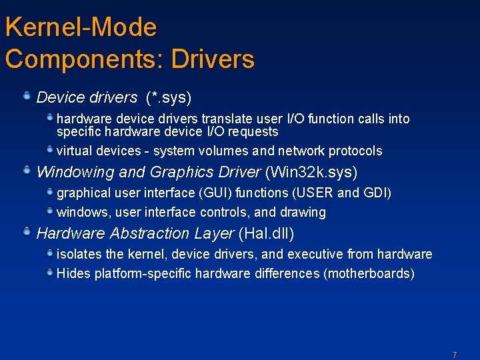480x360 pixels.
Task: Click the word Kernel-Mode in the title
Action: coord(81,28)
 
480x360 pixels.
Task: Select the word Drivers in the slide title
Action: coord(213,59)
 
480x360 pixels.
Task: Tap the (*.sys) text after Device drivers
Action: coord(169,98)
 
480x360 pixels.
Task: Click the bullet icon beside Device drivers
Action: coord(26,97)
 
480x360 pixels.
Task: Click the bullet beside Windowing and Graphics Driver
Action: coord(26,171)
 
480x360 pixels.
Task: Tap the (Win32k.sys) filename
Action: coord(311,172)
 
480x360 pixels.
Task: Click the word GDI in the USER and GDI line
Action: coord(377,193)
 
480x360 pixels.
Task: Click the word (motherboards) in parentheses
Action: coord(369,274)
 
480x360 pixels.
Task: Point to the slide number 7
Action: coord(455,355)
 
